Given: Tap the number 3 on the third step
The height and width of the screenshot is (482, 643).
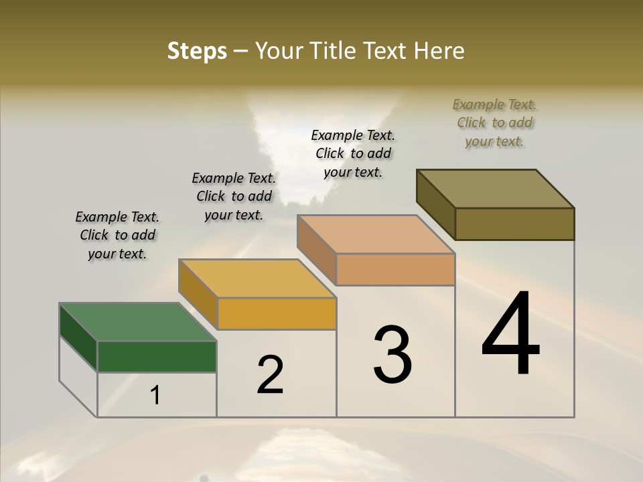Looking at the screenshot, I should [392, 354].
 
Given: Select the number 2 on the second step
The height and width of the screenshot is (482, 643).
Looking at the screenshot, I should [270, 375].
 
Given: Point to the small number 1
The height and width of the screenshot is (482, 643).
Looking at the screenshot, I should [155, 396].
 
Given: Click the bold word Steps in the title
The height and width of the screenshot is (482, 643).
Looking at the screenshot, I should [197, 51].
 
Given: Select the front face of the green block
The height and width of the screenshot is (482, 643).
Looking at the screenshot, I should [157, 356].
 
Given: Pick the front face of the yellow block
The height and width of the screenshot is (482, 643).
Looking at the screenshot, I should [277, 313].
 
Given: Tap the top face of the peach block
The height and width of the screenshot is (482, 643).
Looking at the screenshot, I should [376, 234].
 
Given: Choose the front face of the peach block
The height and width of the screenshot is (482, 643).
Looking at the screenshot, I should [395, 269].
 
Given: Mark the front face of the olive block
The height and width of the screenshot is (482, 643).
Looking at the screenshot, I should [514, 224].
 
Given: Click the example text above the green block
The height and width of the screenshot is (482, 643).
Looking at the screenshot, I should [117, 235].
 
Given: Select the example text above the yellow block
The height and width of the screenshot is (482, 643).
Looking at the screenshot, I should [233, 196].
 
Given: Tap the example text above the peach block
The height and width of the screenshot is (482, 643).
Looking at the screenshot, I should [353, 153].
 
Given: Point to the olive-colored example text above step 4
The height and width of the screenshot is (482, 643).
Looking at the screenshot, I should [494, 123].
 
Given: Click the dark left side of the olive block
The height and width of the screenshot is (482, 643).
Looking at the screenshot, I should [435, 201].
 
